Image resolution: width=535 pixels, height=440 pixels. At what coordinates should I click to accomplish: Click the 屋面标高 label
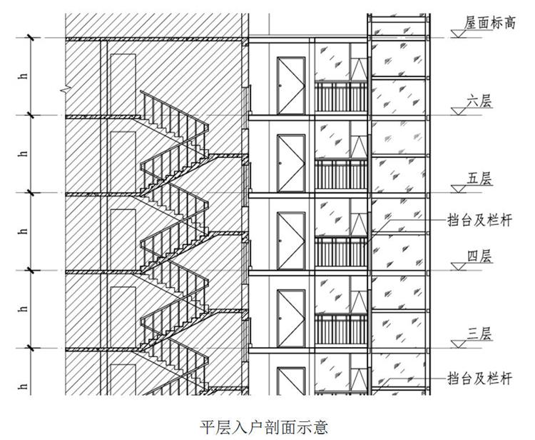(490, 23)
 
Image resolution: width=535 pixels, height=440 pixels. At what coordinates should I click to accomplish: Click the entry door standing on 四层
(292, 241)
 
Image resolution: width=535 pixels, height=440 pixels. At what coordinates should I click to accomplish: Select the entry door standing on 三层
(292, 318)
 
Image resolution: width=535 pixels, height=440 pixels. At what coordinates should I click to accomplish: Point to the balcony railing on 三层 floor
(340, 329)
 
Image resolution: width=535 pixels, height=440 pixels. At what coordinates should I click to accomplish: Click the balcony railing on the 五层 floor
(340, 174)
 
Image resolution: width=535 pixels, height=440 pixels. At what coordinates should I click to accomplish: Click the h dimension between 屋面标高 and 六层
(25, 76)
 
